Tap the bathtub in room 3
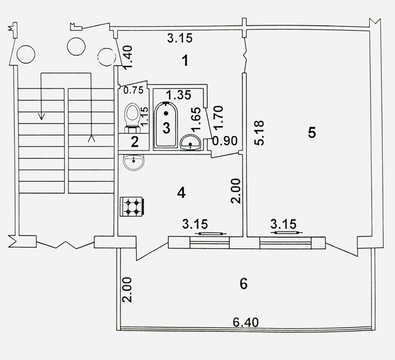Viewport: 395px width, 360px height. pyautogui.click(x=166, y=125)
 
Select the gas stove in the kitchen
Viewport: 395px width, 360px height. pyautogui.click(x=132, y=207)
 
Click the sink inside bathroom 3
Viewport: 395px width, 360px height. pyautogui.click(x=190, y=143)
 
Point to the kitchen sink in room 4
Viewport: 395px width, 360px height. pyautogui.click(x=134, y=162)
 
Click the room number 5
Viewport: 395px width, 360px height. pyautogui.click(x=312, y=132)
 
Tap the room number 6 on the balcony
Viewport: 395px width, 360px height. pyautogui.click(x=243, y=284)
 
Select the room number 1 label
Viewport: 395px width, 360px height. pyautogui.click(x=185, y=61)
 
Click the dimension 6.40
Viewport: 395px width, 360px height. pyautogui.click(x=245, y=322)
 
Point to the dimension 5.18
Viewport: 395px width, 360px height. pyautogui.click(x=259, y=133)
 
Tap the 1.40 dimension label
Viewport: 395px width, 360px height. pyautogui.click(x=128, y=57)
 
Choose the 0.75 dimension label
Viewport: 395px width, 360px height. pyautogui.click(x=134, y=90)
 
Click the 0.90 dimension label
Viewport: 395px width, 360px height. pyautogui.click(x=225, y=141)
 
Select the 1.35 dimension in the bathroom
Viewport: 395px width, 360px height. pyautogui.click(x=178, y=95)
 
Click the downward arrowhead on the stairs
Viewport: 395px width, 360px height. pyautogui.click(x=41, y=116)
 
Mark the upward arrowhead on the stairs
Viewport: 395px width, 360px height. pyautogui.click(x=91, y=139)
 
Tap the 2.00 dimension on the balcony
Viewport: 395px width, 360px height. pyautogui.click(x=127, y=289)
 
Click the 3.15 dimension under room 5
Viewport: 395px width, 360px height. pyautogui.click(x=284, y=224)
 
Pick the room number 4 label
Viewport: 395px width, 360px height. pyautogui.click(x=182, y=193)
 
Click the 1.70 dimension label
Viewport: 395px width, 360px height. pyautogui.click(x=218, y=117)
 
